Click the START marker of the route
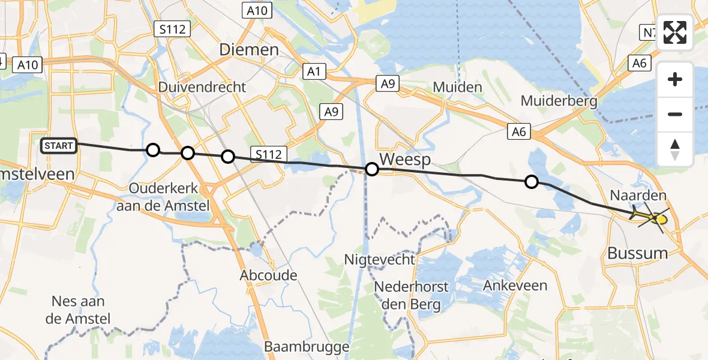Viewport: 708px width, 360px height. point(59,145)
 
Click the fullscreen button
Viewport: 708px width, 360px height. point(675,32)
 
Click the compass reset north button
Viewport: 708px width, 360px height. point(675,149)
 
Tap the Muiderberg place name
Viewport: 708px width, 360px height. point(559,100)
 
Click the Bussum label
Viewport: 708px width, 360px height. point(637,253)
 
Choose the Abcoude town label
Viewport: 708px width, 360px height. point(268,275)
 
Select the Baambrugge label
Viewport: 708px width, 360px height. point(307,347)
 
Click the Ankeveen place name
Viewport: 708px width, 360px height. point(515,285)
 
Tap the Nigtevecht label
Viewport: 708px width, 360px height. point(379,259)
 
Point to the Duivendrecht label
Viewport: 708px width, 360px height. point(202,87)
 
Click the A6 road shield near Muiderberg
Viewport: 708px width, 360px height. point(519,132)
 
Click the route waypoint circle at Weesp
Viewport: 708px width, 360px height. point(372,169)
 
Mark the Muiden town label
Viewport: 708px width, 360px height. point(457,88)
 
